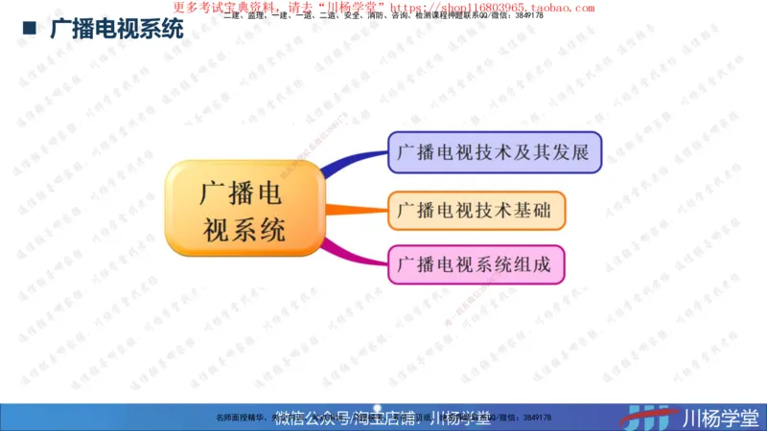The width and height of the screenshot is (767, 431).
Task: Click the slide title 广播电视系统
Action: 116,28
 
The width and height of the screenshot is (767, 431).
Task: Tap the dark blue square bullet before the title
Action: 30,28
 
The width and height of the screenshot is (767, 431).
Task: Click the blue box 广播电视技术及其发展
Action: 495,152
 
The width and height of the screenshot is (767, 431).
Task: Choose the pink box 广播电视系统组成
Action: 476,264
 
